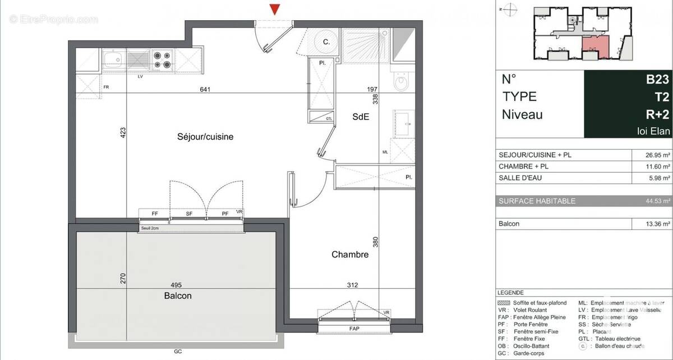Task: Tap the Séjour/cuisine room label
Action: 205,136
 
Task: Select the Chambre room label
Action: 349,255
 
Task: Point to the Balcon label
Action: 178,296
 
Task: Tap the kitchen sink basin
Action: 113,59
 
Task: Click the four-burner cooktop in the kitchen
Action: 163,59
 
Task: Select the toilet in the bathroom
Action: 402,84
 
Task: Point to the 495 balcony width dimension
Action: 176,285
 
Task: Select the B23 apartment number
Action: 657,80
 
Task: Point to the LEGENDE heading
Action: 510,293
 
